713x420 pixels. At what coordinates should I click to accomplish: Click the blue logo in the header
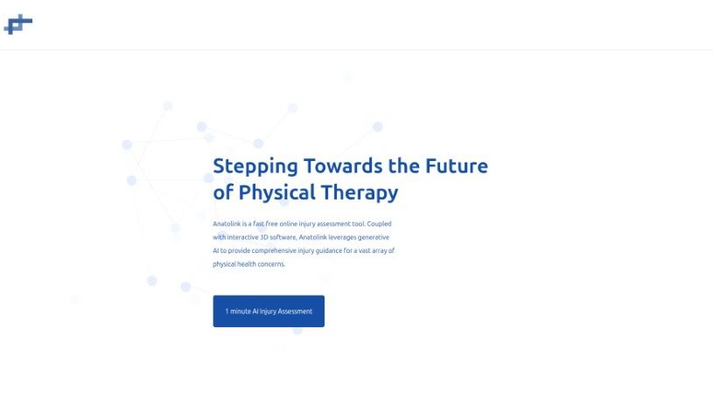[x=18, y=24]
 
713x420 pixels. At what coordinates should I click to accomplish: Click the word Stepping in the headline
[x=255, y=167]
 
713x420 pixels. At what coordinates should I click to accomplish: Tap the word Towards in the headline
[x=343, y=165]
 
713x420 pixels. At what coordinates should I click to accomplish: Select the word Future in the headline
[x=457, y=165]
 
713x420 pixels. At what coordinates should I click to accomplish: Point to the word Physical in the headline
[x=277, y=193]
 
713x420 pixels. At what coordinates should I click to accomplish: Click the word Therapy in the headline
[x=360, y=193]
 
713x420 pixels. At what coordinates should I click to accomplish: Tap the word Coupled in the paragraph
[x=379, y=224]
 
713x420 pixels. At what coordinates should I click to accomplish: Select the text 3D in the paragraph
[x=263, y=237]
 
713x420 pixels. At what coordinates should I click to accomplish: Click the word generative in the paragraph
[x=374, y=237]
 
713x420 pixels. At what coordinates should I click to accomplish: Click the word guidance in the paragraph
[x=329, y=251]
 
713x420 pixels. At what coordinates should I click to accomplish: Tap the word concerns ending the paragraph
[x=271, y=264]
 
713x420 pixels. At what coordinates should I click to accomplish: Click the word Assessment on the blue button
[x=295, y=311]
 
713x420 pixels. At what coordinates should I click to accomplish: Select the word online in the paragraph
[x=289, y=223]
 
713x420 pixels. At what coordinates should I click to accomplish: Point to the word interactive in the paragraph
[x=242, y=237]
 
